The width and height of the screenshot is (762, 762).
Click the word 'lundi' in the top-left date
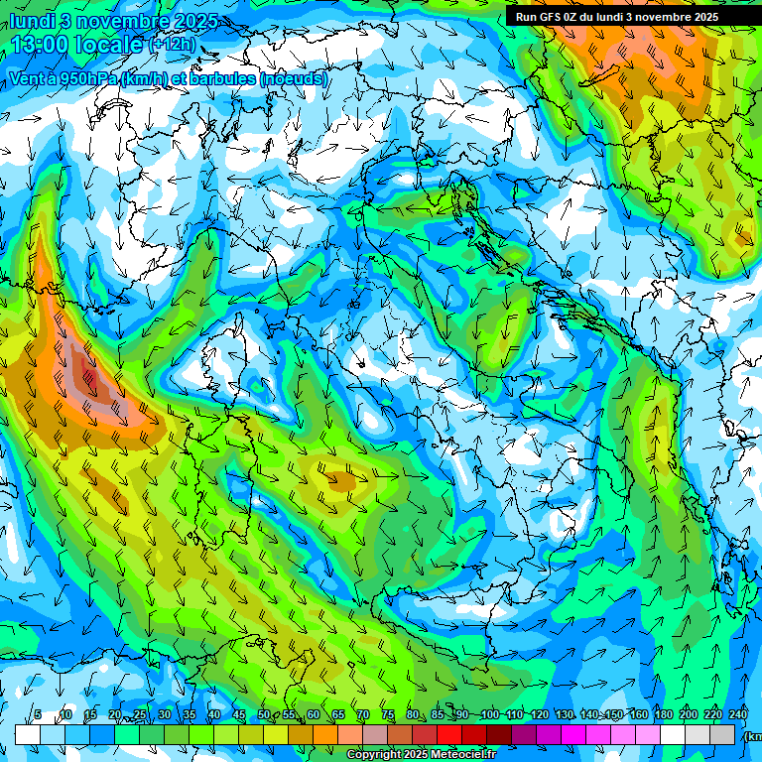click(x=31, y=20)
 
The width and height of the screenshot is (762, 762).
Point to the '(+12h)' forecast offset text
click(x=172, y=45)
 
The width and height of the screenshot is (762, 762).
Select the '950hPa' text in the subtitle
click(x=86, y=78)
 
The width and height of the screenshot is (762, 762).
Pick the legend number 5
click(x=38, y=715)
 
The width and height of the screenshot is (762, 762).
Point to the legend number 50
click(x=264, y=715)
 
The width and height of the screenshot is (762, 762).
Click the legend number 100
click(x=489, y=715)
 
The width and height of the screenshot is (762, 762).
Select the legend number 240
click(x=738, y=715)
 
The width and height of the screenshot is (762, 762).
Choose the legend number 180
click(x=663, y=715)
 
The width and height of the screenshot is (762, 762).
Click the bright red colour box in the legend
click(x=449, y=734)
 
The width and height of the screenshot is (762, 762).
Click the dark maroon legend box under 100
click(x=499, y=734)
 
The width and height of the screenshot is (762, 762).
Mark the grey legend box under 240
click(x=723, y=734)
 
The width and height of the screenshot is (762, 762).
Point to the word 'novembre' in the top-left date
click(x=120, y=20)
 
